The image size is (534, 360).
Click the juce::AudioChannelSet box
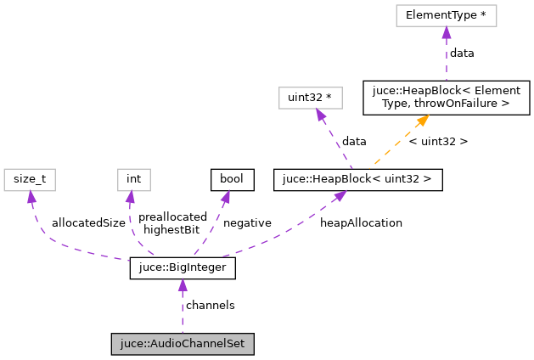coord(183,344)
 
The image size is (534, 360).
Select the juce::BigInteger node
coord(183,269)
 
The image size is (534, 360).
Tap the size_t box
coord(30,179)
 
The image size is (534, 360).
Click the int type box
coord(133,179)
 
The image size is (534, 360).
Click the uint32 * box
coord(310,98)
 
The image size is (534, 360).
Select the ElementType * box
coord(446,15)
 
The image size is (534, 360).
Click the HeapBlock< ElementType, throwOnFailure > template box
coord(446,98)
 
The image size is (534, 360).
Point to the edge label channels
coord(210,305)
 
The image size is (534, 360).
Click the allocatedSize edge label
coord(88,222)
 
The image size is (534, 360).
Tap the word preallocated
coord(172,217)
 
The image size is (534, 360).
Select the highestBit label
coord(171,229)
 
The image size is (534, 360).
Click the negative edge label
coord(247,222)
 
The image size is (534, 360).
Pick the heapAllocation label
coord(361,222)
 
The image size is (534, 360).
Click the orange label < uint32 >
coord(438,141)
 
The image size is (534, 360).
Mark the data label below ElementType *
coord(462,53)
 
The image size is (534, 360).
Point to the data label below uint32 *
coord(354,141)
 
